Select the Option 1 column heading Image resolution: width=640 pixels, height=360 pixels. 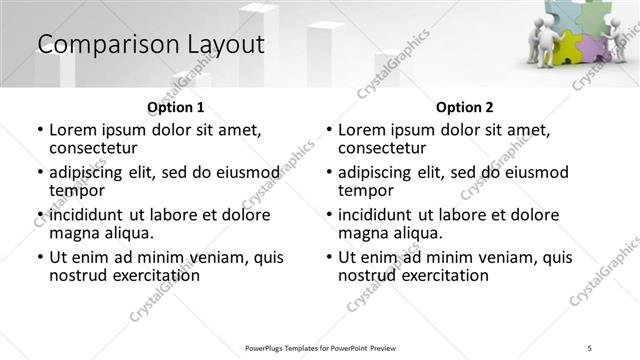pos(175,106)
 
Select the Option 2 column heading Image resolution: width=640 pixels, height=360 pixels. pos(464,106)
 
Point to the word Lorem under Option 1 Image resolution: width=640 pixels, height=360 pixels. pos(73,130)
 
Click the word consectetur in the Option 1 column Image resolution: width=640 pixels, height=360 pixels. pos(98,148)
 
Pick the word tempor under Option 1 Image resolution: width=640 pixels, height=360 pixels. pos(77,190)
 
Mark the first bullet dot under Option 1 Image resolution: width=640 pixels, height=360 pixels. pos(40,131)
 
